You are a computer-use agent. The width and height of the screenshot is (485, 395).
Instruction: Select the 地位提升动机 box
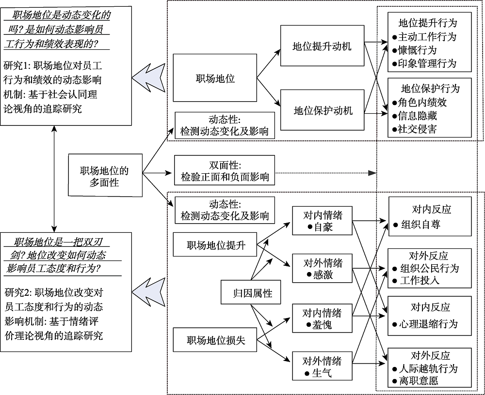tap(322, 46)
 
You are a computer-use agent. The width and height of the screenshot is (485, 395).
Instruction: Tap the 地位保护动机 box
tap(322, 110)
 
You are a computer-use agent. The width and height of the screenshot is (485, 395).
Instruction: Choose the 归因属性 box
tap(252, 293)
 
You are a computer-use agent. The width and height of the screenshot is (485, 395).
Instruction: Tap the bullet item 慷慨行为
tap(417, 50)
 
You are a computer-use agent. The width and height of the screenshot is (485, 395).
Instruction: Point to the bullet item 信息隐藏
tap(420, 116)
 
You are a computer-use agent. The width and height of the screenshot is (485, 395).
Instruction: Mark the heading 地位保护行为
tap(430, 89)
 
